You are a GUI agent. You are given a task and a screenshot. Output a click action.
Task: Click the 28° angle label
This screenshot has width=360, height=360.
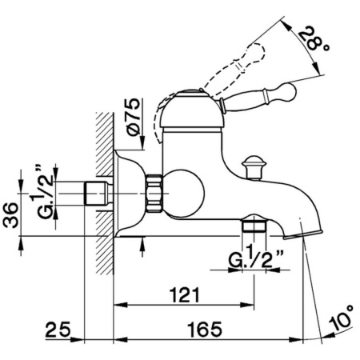[314, 39]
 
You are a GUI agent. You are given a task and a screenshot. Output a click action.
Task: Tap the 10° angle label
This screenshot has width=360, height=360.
[341, 318]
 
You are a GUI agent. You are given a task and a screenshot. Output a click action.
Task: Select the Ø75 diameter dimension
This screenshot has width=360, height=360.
[134, 117]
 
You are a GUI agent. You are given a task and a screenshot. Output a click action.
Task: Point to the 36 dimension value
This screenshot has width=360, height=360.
[10, 215]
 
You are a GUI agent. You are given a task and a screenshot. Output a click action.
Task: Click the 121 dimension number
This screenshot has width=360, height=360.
[185, 295]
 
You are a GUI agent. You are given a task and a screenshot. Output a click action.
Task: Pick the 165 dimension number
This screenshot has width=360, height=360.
[205, 329]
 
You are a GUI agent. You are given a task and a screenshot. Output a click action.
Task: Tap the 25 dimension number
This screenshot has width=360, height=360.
[58, 329]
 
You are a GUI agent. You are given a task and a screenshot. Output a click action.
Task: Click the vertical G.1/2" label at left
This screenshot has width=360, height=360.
[42, 192]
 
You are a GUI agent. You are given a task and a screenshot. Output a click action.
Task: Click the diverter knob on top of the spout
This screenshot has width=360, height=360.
[254, 167]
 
